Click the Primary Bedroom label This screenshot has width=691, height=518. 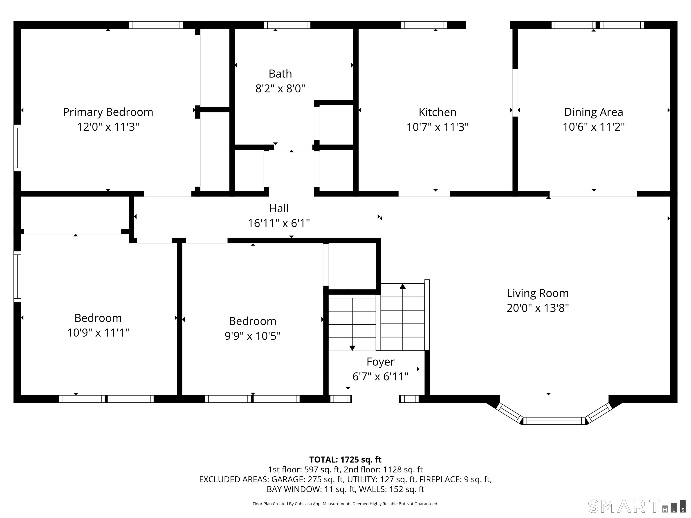click(108, 112)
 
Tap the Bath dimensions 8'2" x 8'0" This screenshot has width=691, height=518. click(280, 89)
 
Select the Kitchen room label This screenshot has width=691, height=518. click(437, 112)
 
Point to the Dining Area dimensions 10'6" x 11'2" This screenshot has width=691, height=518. click(594, 127)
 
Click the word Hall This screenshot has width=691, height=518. click(279, 208)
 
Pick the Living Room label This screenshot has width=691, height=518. click(538, 293)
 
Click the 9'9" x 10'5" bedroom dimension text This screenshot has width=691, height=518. click(253, 336)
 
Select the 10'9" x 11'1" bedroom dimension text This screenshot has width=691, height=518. click(98, 333)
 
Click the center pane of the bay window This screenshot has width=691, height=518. click(554, 421)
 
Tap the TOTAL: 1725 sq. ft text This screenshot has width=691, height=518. click(345, 460)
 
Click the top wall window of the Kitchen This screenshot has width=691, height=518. click(424, 25)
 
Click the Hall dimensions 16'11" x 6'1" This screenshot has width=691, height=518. click(279, 223)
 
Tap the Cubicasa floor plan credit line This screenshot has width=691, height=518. click(345, 504)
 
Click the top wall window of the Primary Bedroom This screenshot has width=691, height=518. click(156, 25)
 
